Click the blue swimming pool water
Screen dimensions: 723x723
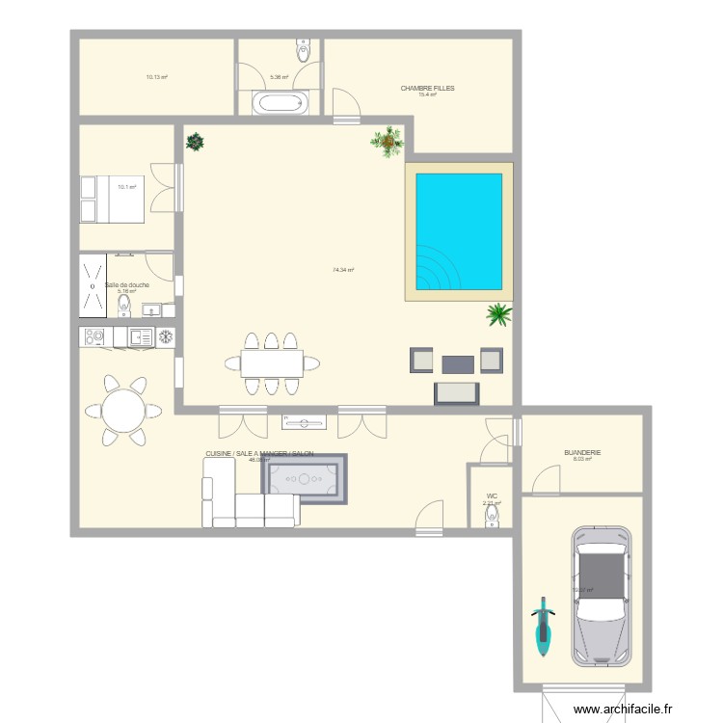click(x=459, y=232)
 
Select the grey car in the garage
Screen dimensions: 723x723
click(x=601, y=597)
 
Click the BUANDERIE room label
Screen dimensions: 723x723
click(x=581, y=451)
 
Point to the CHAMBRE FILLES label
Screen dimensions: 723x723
click(x=427, y=88)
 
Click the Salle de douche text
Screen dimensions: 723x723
click(x=127, y=284)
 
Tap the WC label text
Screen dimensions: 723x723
click(x=492, y=495)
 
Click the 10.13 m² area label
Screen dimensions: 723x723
click(x=156, y=77)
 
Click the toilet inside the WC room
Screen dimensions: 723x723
click(x=492, y=518)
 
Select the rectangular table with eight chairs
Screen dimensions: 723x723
click(x=272, y=363)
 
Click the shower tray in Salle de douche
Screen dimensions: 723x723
click(x=93, y=285)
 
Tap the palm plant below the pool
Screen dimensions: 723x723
click(x=498, y=313)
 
